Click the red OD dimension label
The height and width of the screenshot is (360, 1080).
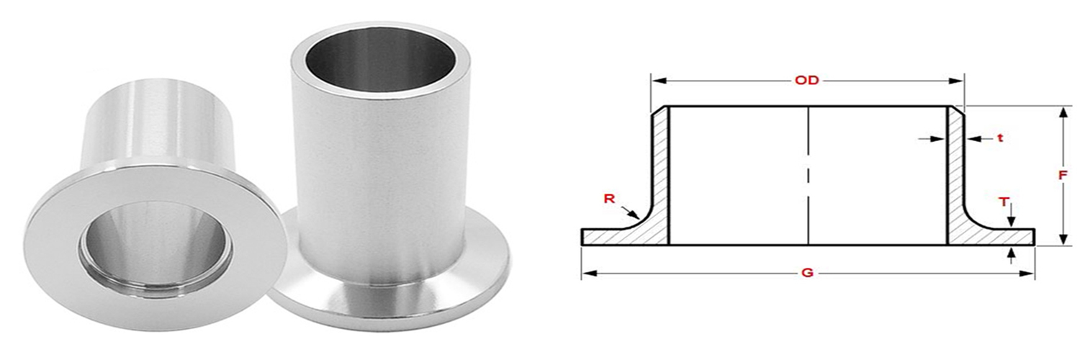pyautogui.click(x=807, y=81)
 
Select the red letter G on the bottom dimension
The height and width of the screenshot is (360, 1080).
pyautogui.click(x=807, y=274)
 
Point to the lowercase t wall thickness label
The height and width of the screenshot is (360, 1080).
pyautogui.click(x=1000, y=138)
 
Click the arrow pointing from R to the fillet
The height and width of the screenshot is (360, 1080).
pyautogui.click(x=630, y=212)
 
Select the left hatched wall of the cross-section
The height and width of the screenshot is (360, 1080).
pyautogui.click(x=661, y=173)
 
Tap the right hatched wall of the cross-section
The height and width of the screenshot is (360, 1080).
pyautogui.click(x=954, y=173)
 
